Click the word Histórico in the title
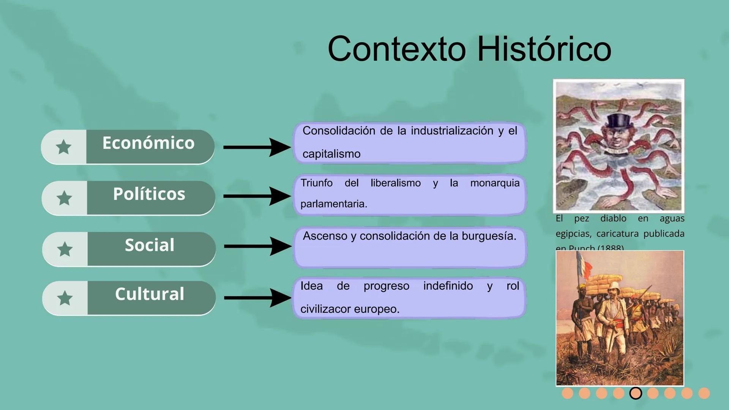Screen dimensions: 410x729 [x=544, y=49]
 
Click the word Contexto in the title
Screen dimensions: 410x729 [x=397, y=49]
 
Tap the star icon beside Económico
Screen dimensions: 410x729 [x=64, y=147]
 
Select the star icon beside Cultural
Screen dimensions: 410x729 [x=65, y=298]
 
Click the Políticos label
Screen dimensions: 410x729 [x=149, y=194]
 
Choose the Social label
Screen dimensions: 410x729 [x=150, y=245]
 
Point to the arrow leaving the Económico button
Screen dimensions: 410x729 [x=257, y=147]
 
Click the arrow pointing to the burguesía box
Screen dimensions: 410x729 [x=257, y=246]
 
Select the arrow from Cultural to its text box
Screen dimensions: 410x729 [x=257, y=298]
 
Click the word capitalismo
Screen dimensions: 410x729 [x=331, y=154]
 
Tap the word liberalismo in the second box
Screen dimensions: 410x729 [x=396, y=183]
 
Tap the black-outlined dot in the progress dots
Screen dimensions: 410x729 [x=636, y=393]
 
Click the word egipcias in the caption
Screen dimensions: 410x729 [x=573, y=233]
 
